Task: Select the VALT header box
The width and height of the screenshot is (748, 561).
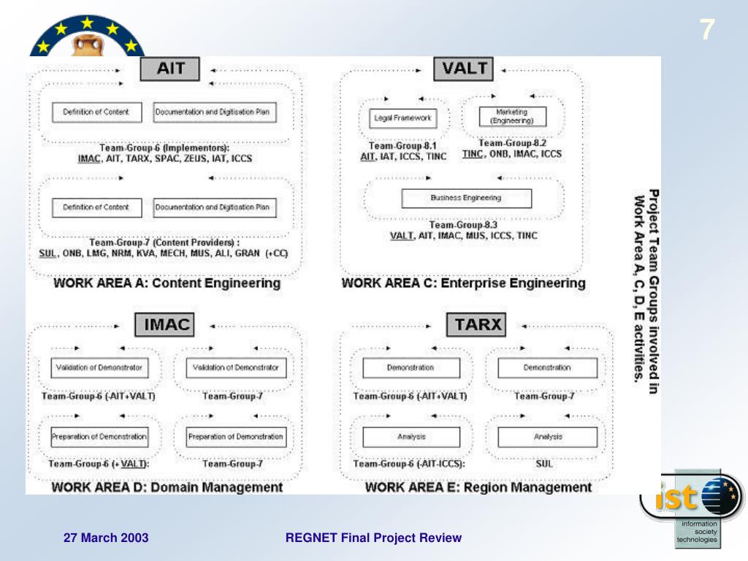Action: coord(464,70)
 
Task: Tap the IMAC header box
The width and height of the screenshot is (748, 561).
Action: coord(167,324)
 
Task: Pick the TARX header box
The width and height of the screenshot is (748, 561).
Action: coord(478,324)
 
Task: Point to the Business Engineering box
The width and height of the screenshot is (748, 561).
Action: coord(466,198)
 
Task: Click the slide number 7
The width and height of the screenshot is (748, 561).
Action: coord(706,31)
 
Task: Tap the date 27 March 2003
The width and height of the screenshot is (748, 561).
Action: coord(106,538)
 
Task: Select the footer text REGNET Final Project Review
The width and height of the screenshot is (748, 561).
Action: coord(373,538)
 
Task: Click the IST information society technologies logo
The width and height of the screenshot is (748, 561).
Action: coord(694,508)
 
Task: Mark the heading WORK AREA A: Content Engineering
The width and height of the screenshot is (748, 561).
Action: coord(167,283)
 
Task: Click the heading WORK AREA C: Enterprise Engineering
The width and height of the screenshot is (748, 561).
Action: coord(463,283)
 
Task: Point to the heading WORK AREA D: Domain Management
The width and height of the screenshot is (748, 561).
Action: coord(167,486)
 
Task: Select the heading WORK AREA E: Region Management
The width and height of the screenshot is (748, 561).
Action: coord(478,486)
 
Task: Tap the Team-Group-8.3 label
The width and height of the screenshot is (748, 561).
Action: coord(463,225)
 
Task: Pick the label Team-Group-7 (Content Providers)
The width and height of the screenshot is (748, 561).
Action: coord(164,242)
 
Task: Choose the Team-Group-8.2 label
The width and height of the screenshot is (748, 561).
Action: coord(512,143)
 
